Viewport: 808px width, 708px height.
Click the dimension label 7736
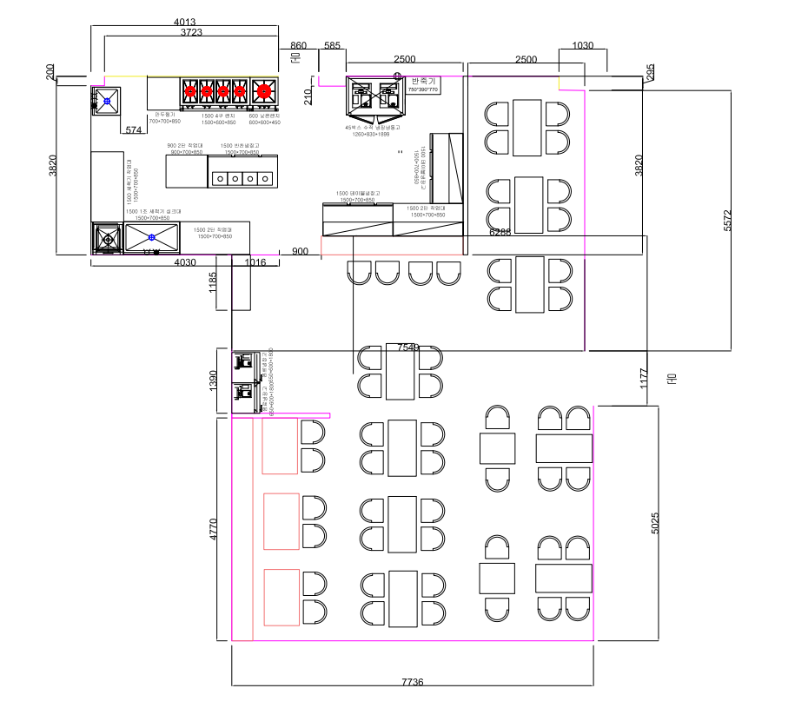412,683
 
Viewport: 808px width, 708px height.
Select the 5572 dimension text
729,220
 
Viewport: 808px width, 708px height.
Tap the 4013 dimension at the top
185,22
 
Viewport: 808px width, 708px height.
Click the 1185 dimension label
214,282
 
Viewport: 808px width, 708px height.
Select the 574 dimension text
133,130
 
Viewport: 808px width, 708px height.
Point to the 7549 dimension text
408,347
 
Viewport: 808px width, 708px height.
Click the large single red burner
262,89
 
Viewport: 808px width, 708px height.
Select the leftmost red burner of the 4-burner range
192,89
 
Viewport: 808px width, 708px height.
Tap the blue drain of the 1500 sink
151,237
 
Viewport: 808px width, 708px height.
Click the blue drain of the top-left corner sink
106,102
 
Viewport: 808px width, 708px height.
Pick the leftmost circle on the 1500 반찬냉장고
221,179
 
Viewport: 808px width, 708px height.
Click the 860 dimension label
298,45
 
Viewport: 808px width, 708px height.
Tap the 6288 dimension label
500,232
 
